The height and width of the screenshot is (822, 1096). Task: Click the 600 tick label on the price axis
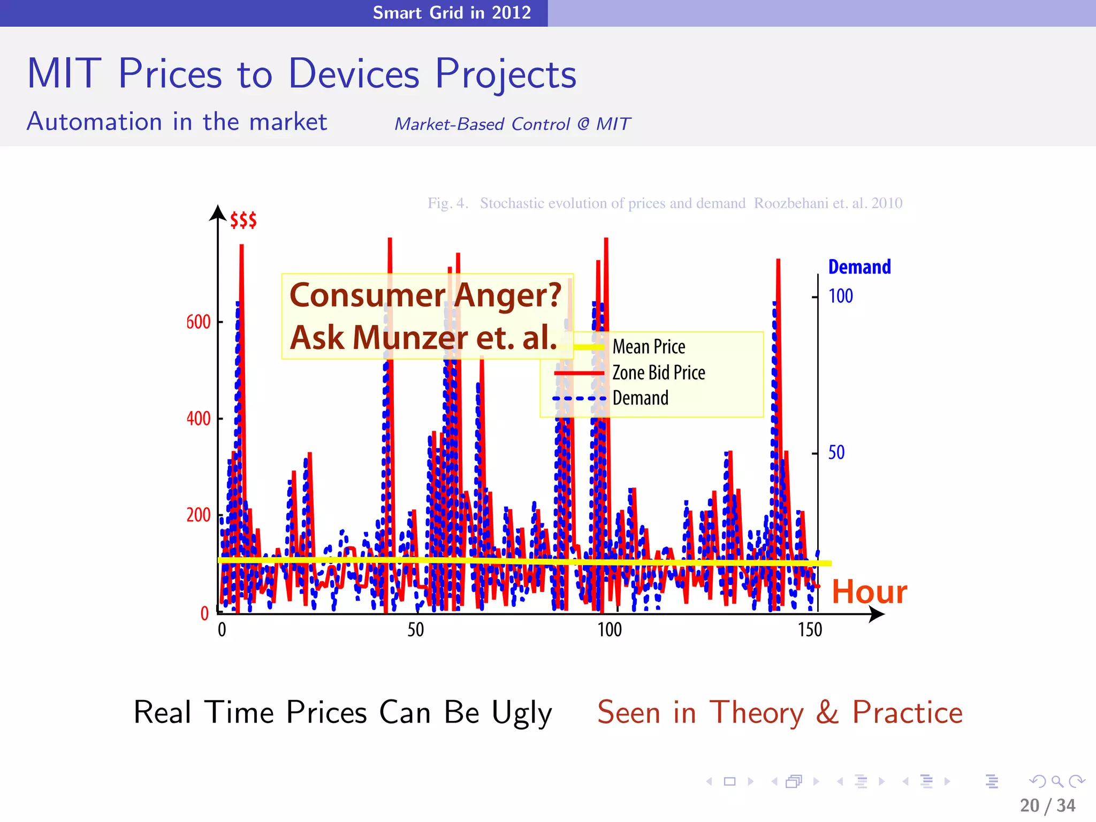[198, 322]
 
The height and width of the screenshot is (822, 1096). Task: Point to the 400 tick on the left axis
[198, 418]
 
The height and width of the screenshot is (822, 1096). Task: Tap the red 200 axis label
[198, 515]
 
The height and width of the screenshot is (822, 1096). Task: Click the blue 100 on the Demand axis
[840, 296]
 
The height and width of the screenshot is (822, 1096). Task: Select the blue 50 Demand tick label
[836, 453]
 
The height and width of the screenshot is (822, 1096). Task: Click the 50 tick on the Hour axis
[415, 630]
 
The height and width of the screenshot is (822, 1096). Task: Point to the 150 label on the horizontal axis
[810, 630]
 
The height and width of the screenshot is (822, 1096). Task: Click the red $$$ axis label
[243, 220]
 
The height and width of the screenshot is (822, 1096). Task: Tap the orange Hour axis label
[869, 592]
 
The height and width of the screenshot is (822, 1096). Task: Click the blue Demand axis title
[859, 267]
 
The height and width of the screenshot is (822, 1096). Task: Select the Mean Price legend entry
[649, 347]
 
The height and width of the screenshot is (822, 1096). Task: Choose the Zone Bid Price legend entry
[658, 372]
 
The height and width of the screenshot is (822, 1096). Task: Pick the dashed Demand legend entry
[640, 398]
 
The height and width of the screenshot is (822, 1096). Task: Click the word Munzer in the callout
[410, 338]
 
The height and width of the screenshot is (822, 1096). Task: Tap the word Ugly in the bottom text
[522, 713]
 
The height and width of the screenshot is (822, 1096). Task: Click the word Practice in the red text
[907, 713]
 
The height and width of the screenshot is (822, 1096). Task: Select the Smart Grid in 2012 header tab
[452, 12]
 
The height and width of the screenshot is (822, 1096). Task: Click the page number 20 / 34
[1047, 805]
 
